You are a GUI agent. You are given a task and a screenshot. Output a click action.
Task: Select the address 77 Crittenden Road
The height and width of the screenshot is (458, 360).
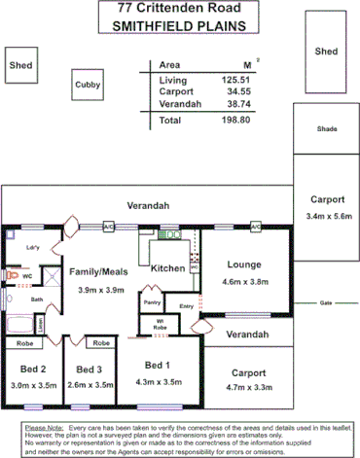180,9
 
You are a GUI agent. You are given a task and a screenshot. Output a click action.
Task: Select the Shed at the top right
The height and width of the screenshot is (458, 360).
326,52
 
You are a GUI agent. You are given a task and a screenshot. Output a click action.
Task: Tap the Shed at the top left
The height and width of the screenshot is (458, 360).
20,66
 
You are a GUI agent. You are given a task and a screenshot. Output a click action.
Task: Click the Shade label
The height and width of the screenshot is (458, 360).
326,129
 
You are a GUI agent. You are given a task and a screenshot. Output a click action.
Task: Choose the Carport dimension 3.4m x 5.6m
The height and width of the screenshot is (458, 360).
327,216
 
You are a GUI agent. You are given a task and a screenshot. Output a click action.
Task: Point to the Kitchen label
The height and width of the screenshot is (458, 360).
167,267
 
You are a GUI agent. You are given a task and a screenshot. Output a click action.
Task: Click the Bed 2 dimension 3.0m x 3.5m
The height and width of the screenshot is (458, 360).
34,384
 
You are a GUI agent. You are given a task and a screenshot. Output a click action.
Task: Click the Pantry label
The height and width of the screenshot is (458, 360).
152,303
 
